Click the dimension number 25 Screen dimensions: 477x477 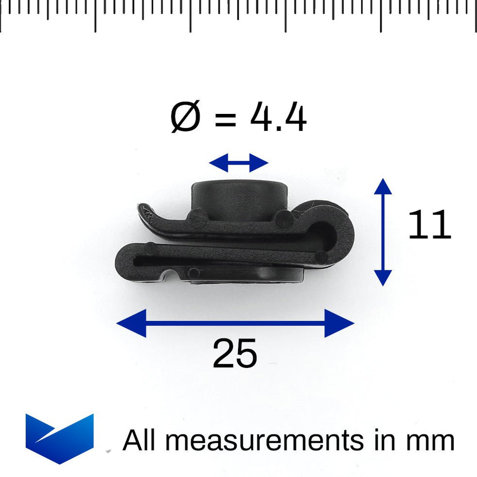click(x=235, y=354)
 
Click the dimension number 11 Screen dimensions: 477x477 click(x=429, y=225)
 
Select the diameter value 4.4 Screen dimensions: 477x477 click(x=278, y=118)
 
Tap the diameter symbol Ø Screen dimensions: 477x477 click(x=185, y=118)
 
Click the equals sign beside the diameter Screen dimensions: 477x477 click(x=225, y=120)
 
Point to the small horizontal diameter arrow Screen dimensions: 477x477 click(x=238, y=163)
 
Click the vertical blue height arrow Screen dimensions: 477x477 click(x=383, y=232)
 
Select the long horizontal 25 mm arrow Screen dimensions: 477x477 click(x=235, y=322)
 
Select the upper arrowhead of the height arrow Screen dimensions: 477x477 click(x=383, y=186)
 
